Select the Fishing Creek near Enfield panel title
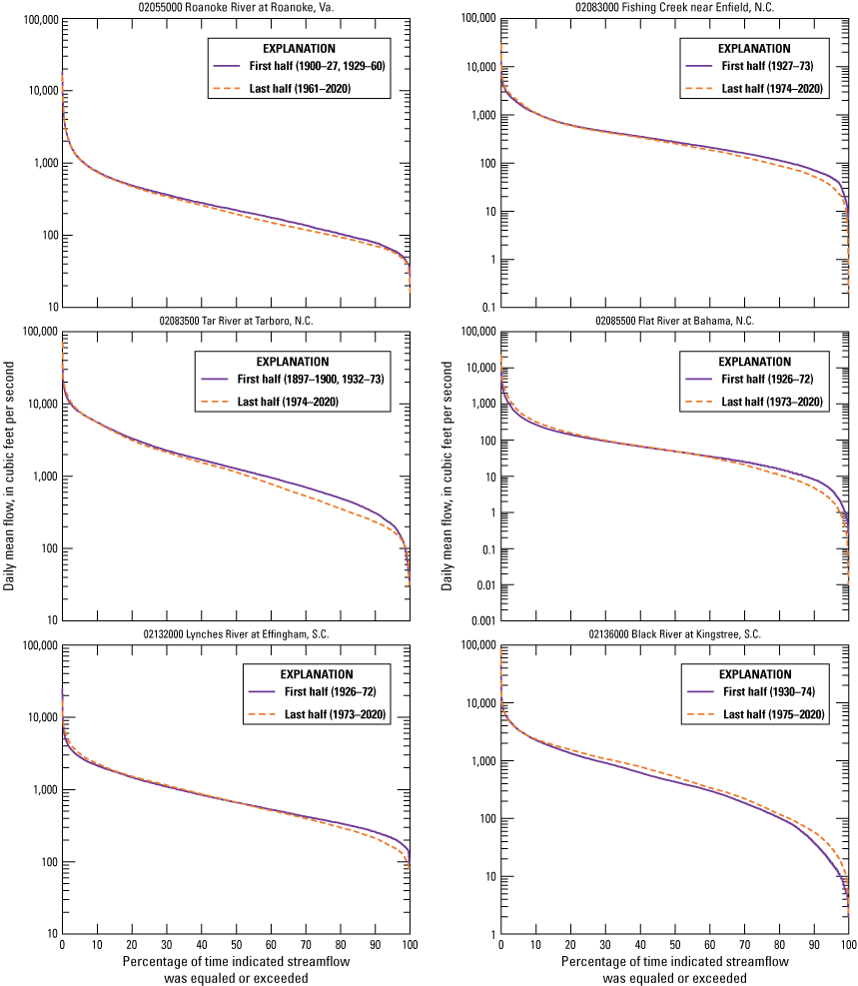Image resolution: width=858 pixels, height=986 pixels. tap(674, 7)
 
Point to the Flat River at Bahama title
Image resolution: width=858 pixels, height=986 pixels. tap(674, 320)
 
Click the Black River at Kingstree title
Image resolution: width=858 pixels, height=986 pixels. tap(674, 633)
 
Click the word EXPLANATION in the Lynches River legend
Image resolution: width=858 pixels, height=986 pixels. tap(316, 674)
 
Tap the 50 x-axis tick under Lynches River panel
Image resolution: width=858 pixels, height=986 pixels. tap(236, 945)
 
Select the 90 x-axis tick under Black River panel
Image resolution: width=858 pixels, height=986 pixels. tap(814, 945)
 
